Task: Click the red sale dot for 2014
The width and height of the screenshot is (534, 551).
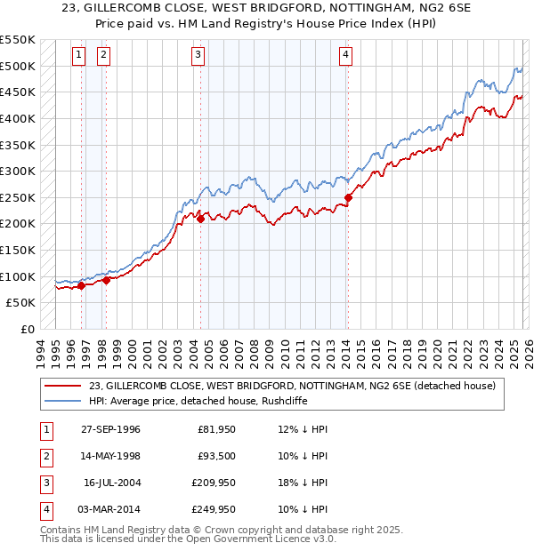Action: pos(348,197)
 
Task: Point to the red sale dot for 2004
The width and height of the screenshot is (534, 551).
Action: pos(201,219)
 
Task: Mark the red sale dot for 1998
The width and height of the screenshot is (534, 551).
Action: pos(106,280)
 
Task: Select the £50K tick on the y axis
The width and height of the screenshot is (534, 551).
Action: pos(21,302)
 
